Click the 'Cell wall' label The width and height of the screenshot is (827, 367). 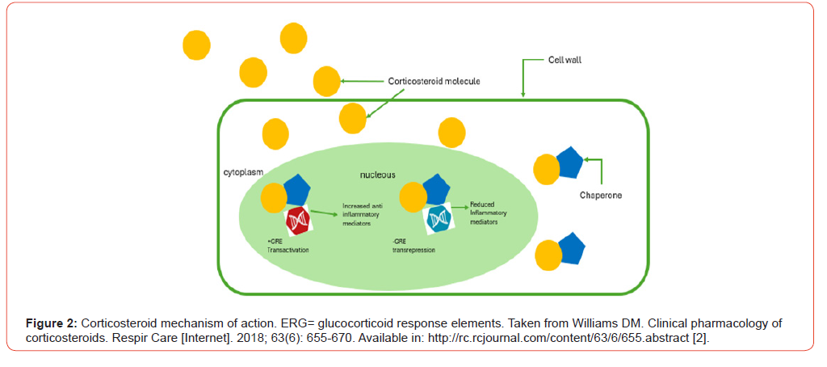pos(565,60)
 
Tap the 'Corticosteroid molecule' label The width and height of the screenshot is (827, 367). pos(434,81)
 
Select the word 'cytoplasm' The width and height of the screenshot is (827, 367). pos(244,173)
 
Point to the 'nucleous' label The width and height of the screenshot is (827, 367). pos(377,174)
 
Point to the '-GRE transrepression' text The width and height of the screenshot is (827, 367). pos(413,246)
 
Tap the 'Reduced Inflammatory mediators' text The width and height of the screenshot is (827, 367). pos(488,213)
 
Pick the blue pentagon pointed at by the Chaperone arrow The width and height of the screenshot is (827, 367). pos(568,162)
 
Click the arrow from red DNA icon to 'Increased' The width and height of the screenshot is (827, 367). pos(324,213)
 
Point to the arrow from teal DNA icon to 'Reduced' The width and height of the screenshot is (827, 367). pos(461,208)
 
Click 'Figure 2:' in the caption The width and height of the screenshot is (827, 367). pos(51,324)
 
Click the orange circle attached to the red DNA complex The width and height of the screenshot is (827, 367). pos(274,196)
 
